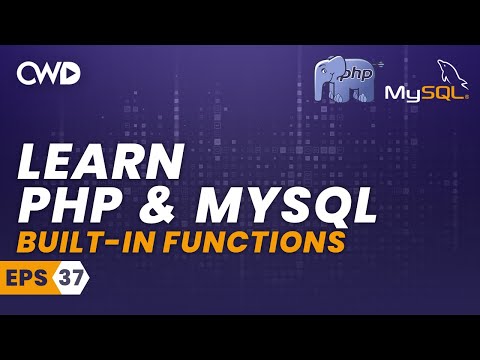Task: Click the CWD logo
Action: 49,72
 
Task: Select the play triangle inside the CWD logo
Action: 73,72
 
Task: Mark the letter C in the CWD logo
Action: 26,72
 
